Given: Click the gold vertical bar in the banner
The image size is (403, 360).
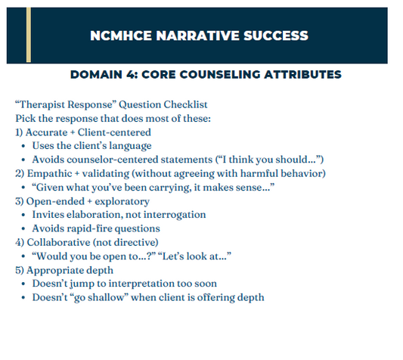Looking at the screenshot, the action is tap(29, 31).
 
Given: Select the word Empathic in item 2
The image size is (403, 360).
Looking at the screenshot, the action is tap(50, 173).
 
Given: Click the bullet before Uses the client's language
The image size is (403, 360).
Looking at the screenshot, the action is tap(23, 146).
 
